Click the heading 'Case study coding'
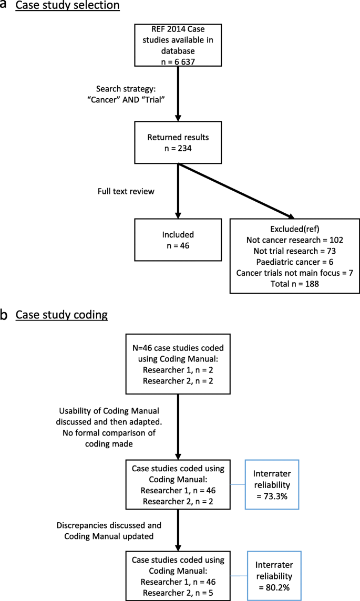[x=61, y=315]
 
